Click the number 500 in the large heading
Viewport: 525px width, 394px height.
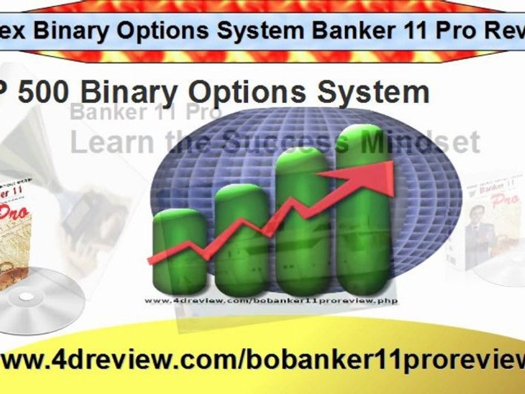(44, 91)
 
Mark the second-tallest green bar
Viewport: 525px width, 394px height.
(302, 219)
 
